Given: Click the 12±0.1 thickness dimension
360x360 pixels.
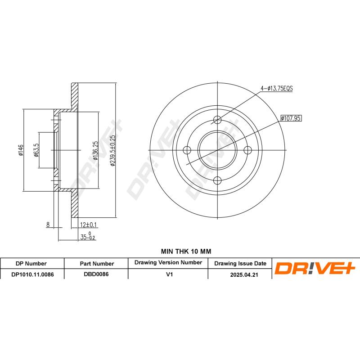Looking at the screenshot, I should [89, 225].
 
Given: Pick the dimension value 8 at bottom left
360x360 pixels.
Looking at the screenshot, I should [47, 225].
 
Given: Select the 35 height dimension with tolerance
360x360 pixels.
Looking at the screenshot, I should [88, 236].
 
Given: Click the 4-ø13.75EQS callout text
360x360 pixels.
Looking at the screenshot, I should [276, 89].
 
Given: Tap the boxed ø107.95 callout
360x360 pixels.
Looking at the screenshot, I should [290, 118].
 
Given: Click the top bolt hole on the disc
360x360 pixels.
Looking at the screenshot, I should [217, 120].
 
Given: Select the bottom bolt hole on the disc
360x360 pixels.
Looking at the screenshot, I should [217, 181].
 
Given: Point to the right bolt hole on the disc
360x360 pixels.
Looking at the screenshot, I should [248, 150].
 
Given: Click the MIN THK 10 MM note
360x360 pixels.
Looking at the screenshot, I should [180, 251].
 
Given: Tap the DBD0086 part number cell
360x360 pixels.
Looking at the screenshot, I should [96, 274].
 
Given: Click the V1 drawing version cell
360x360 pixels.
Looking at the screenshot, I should [168, 274].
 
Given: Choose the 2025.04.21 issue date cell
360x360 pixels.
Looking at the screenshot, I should [240, 274].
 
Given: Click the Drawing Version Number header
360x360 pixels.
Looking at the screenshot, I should [168, 262].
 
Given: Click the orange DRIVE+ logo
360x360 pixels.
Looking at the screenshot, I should [315, 269].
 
